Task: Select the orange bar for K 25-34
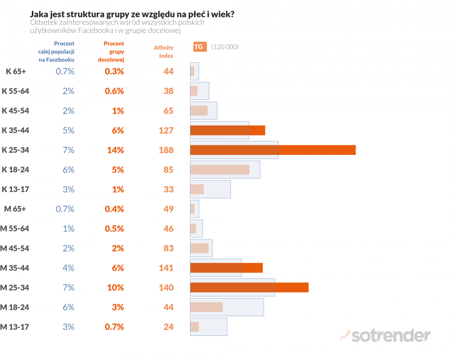point(273,150)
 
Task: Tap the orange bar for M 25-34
point(249,288)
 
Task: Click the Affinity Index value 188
point(166,150)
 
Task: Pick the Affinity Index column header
point(164,52)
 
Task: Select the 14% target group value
point(115,150)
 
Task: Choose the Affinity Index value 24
point(168,327)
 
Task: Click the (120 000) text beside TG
point(225,47)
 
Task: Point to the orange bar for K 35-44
point(228,130)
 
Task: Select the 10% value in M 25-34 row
point(115,288)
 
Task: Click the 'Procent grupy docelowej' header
point(114,52)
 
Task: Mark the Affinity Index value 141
point(166,268)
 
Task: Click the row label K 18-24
point(15,170)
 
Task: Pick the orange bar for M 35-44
point(227,268)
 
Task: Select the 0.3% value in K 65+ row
point(114,71)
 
